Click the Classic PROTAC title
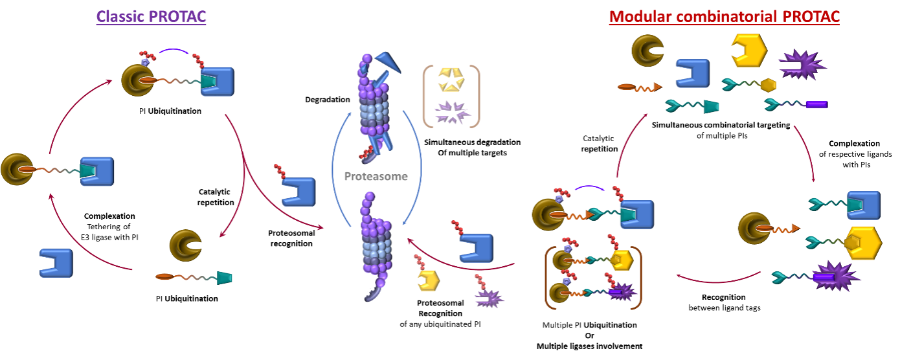click(x=152, y=16)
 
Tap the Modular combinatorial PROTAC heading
click(x=724, y=17)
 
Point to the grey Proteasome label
click(x=376, y=176)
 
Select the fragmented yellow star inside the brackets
click(x=451, y=80)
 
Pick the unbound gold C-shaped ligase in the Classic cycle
click(x=185, y=245)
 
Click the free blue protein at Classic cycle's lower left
click(x=56, y=263)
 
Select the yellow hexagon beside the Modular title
click(x=748, y=50)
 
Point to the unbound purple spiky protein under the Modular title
click(x=802, y=64)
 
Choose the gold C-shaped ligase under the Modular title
click(x=647, y=50)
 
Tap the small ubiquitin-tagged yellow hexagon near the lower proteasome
click(x=428, y=280)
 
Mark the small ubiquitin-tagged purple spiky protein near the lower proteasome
click(x=489, y=298)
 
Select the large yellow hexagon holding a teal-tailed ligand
click(x=862, y=243)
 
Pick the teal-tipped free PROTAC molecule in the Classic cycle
click(x=194, y=277)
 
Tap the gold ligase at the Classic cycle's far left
click(x=16, y=169)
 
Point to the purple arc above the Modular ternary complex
click(x=589, y=188)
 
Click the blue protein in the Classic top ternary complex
click(x=218, y=82)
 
